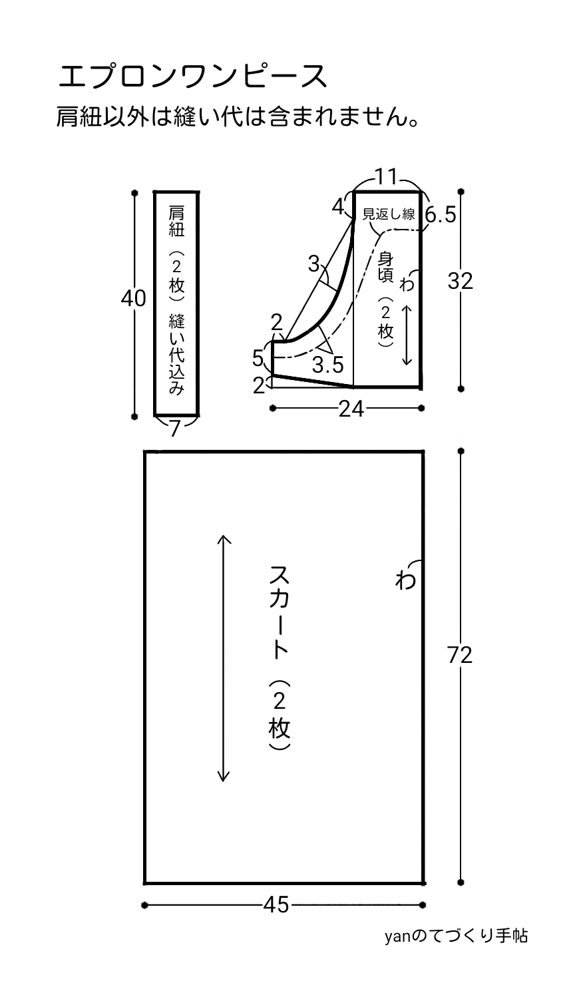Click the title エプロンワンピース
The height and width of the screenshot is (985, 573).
pyautogui.click(x=193, y=77)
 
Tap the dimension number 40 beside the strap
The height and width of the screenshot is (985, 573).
pyautogui.click(x=133, y=299)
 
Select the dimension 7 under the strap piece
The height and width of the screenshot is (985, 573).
pyautogui.click(x=175, y=429)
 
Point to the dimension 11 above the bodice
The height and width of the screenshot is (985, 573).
pyautogui.click(x=386, y=177)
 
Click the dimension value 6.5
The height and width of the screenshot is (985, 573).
pyautogui.click(x=440, y=216)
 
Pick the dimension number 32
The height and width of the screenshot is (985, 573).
pyautogui.click(x=460, y=282)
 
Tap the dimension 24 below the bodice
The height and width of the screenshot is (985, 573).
pyautogui.click(x=351, y=409)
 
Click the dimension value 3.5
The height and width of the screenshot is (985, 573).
pyautogui.click(x=327, y=365)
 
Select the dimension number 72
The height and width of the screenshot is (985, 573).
pyautogui.click(x=460, y=656)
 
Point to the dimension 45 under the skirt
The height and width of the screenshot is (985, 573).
pyautogui.click(x=276, y=904)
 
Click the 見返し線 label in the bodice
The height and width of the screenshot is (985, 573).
pyautogui.click(x=389, y=214)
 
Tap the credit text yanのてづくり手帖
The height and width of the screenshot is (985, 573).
pyautogui.click(x=456, y=936)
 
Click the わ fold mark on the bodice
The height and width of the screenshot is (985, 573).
pyautogui.click(x=406, y=285)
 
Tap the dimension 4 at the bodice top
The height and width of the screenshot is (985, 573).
pyautogui.click(x=338, y=206)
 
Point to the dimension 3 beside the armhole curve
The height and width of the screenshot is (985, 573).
pyautogui.click(x=314, y=265)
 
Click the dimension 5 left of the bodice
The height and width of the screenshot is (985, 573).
pyautogui.click(x=258, y=359)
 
